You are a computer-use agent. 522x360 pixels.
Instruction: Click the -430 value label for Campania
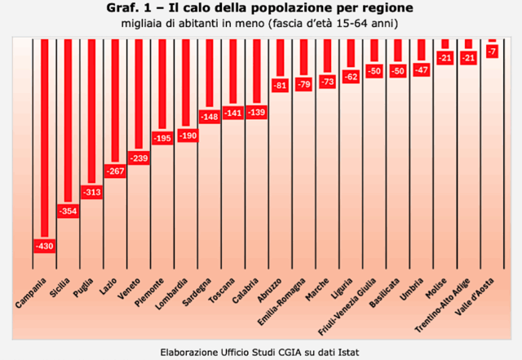[x=42, y=245]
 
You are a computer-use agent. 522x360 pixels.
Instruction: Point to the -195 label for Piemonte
[x=162, y=139]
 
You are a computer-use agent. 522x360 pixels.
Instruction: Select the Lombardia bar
[x=186, y=82]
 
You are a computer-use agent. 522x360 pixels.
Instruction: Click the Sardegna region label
[x=198, y=287]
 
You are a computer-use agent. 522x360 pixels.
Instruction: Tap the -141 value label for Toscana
[x=234, y=113]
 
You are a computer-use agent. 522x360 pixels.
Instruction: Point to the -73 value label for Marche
[x=329, y=82]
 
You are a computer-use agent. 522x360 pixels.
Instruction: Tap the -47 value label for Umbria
[x=422, y=70]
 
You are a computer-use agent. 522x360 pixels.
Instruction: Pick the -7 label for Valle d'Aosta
[x=492, y=51]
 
